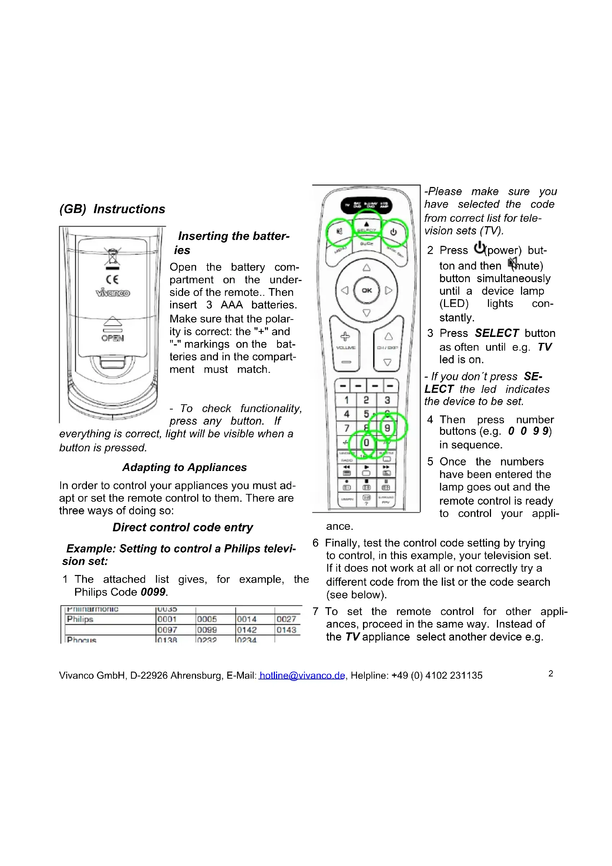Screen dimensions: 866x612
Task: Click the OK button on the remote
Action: click(x=366, y=290)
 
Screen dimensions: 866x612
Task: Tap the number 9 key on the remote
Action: click(x=387, y=428)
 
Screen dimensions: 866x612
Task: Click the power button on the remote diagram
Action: click(x=394, y=232)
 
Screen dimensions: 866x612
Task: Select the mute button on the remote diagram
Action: click(x=339, y=231)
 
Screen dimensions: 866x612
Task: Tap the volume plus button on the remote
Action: click(x=345, y=337)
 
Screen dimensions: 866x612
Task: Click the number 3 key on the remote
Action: click(x=387, y=400)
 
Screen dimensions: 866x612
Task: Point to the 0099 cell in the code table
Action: click(x=207, y=630)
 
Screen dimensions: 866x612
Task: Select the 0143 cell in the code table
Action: click(x=286, y=630)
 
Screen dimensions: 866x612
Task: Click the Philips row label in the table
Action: click(x=80, y=619)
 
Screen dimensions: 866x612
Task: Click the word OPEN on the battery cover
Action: click(x=112, y=338)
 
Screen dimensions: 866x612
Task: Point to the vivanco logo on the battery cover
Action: click(x=113, y=293)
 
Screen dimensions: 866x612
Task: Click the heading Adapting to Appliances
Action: click(x=184, y=467)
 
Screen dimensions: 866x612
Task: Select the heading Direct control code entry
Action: click(x=183, y=527)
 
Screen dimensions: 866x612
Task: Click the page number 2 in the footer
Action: click(x=551, y=673)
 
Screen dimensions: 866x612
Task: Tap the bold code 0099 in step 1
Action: click(x=153, y=592)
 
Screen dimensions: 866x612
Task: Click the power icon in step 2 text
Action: click(x=479, y=248)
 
